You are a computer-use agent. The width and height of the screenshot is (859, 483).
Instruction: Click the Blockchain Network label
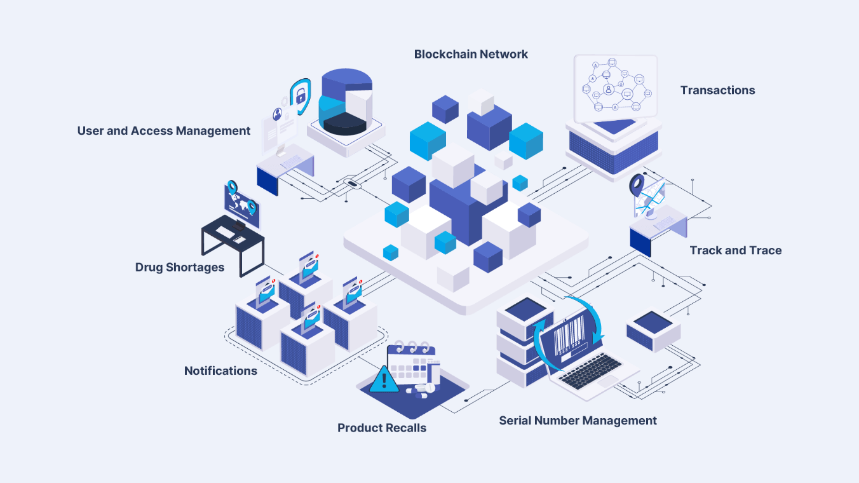pos(471,55)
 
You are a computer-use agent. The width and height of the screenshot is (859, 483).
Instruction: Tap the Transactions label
pos(717,90)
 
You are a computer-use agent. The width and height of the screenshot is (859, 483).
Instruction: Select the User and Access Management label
pos(164,131)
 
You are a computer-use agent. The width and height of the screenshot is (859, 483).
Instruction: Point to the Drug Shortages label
pos(180,268)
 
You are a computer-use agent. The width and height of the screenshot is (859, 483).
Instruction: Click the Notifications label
pos(220,371)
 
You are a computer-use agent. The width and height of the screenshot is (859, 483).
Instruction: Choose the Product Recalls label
pos(382,428)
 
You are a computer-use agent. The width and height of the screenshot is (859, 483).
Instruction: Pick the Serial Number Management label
pos(578,421)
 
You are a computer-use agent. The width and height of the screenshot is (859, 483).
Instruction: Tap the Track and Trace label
pos(736,250)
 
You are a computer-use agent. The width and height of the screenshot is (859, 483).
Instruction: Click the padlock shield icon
pos(300,96)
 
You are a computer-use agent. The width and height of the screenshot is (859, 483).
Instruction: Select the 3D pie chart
pos(345,102)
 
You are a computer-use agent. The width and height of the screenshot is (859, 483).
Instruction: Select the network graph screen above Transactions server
pos(614,88)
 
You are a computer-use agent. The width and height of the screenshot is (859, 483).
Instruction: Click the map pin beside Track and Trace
pos(637,186)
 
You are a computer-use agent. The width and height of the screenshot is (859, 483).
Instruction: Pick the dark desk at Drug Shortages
pos(232,244)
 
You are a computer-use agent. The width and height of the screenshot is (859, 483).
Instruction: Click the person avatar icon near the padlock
pos(278,114)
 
